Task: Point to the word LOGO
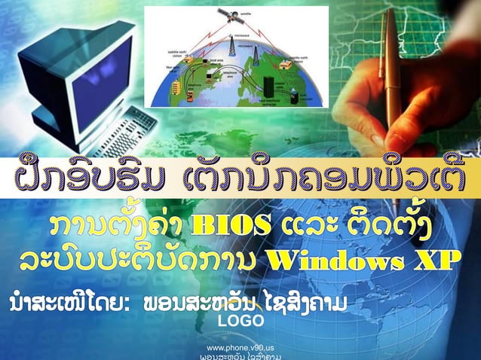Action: click(241, 322)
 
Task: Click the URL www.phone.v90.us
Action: click(240, 347)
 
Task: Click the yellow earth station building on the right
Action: click(284, 66)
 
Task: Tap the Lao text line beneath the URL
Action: click(240, 357)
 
